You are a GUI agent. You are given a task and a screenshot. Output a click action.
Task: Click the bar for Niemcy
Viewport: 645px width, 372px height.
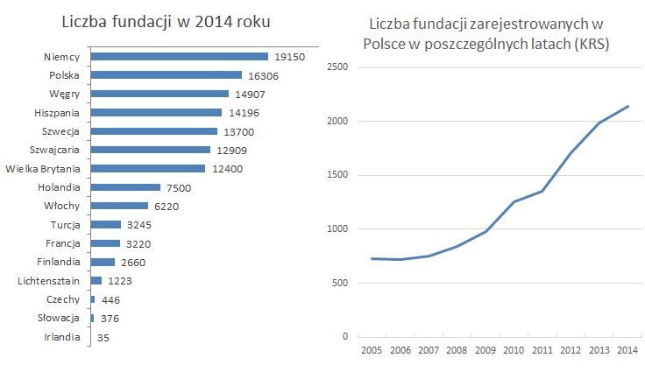click(x=180, y=56)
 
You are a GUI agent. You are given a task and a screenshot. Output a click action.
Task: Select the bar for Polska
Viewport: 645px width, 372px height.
click(x=167, y=75)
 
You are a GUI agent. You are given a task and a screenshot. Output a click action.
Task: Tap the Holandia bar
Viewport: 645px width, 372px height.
click(x=126, y=187)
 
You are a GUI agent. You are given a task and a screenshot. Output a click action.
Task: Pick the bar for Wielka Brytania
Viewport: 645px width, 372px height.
click(x=148, y=168)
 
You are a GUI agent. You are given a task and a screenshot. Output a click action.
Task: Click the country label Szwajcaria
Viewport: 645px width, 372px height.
click(x=54, y=150)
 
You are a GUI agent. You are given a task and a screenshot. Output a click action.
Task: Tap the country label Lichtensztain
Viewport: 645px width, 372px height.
click(x=49, y=280)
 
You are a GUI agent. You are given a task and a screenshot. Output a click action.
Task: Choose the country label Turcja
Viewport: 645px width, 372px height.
click(x=63, y=224)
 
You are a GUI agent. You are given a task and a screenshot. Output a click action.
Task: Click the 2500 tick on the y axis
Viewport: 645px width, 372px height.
click(x=336, y=67)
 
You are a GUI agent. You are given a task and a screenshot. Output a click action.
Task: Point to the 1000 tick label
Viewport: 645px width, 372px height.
click(x=336, y=228)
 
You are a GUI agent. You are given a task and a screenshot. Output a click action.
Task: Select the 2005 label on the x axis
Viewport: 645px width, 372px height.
click(x=372, y=352)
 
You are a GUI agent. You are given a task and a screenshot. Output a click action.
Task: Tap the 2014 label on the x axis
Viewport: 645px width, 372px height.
click(x=626, y=352)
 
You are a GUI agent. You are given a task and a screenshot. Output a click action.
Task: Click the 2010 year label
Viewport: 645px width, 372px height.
click(x=513, y=352)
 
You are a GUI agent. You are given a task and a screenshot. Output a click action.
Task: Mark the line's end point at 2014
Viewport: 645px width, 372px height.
click(x=628, y=107)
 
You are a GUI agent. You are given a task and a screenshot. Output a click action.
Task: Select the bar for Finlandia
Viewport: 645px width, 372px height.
click(x=103, y=262)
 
